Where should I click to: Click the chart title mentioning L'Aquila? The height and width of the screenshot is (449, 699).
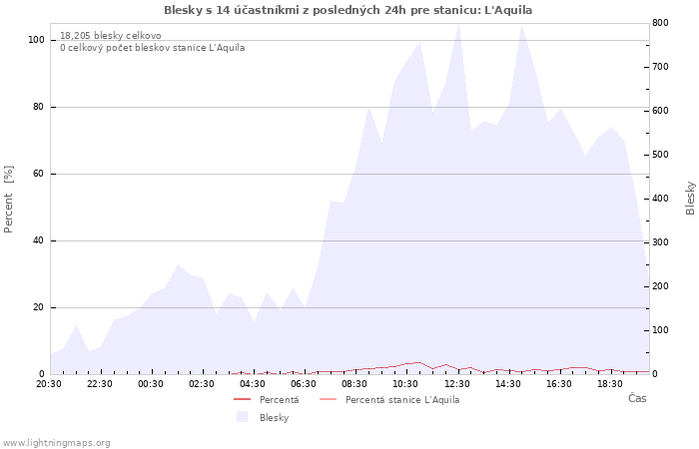(x=348, y=10)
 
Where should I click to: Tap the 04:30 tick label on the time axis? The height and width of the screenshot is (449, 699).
(x=253, y=384)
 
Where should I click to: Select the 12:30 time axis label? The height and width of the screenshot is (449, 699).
(x=457, y=384)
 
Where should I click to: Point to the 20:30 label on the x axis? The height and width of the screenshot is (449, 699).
(x=49, y=384)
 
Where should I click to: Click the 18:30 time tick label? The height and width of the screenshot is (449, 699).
(x=610, y=384)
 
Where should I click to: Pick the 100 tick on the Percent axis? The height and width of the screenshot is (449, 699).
(x=36, y=40)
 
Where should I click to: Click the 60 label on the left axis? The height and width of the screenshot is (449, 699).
(x=38, y=174)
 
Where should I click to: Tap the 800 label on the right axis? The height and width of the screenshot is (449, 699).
(x=660, y=22)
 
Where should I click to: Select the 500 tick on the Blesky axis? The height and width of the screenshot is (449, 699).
(x=660, y=155)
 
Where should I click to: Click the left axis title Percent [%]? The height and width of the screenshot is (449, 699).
(x=8, y=200)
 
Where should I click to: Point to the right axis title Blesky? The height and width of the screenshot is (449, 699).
(x=690, y=199)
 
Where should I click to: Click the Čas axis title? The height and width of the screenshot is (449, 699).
(x=637, y=398)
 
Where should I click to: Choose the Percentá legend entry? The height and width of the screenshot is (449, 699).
(x=267, y=400)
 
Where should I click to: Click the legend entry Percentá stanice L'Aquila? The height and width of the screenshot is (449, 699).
(x=389, y=400)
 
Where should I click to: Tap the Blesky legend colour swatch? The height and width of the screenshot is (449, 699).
(x=242, y=417)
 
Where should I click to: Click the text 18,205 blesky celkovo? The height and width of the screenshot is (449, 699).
(x=111, y=36)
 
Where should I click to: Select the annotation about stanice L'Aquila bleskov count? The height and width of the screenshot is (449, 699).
(x=153, y=48)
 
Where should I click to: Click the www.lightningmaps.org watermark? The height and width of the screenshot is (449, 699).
(x=56, y=443)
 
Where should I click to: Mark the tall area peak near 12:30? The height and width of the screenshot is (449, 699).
(x=458, y=25)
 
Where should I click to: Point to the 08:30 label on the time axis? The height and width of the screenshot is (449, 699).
(x=354, y=384)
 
